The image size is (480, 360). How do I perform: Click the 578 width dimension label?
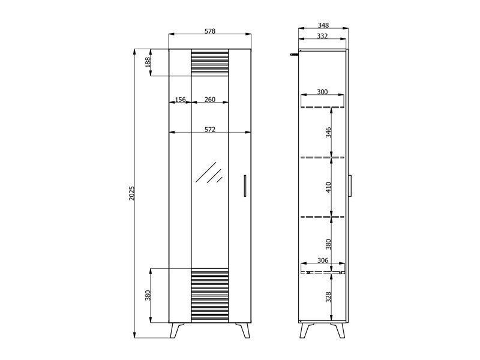(209, 31)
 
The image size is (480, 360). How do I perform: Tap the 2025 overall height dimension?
(131, 193)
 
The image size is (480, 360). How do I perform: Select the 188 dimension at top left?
(148, 62)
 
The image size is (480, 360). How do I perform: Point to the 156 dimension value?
(181, 99)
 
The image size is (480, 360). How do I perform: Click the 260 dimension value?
(209, 99)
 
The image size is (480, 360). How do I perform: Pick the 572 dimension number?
(209, 130)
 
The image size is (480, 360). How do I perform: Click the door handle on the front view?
(245, 186)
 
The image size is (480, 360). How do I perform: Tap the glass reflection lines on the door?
(209, 172)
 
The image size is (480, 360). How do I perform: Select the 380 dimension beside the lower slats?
(148, 295)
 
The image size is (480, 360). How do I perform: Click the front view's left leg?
(177, 330)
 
